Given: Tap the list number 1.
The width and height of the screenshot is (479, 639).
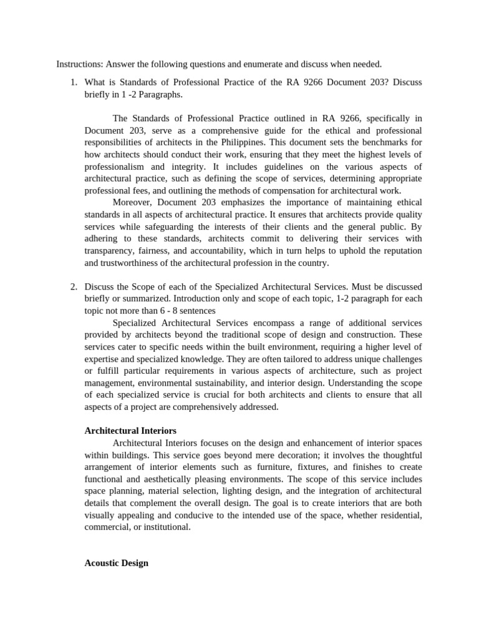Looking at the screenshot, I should coord(73,82).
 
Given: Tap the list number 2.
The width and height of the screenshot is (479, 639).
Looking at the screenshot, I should coord(73,286).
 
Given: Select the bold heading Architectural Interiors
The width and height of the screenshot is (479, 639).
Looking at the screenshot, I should coord(130,431).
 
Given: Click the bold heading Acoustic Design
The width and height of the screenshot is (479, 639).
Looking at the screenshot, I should coord(116,563).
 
